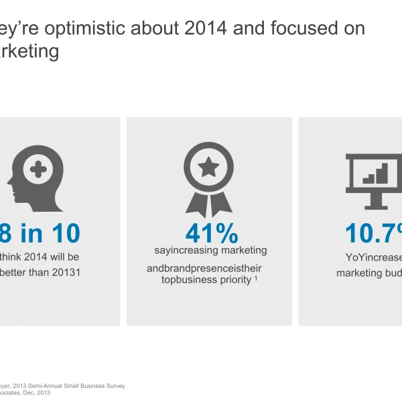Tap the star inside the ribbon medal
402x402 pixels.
point(208,164)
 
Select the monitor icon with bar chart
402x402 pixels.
point(375,178)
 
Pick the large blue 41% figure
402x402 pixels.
point(212,233)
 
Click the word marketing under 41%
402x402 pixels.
point(241,251)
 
